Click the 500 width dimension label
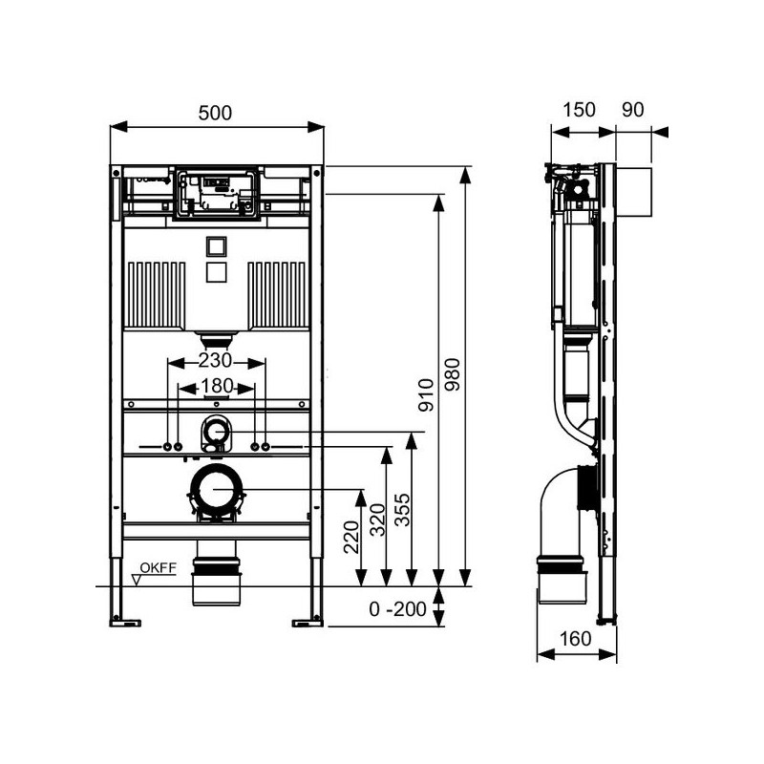pyautogui.click(x=215, y=113)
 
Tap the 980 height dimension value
pyautogui.click(x=453, y=374)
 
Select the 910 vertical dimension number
pyautogui.click(x=426, y=395)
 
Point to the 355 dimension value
pyautogui.click(x=402, y=510)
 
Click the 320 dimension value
pyautogui.click(x=377, y=520)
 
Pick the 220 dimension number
pyautogui.click(x=351, y=537)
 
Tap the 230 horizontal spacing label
pyautogui.click(x=215, y=361)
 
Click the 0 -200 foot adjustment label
pyautogui.click(x=397, y=609)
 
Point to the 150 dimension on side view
pyautogui.click(x=579, y=110)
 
